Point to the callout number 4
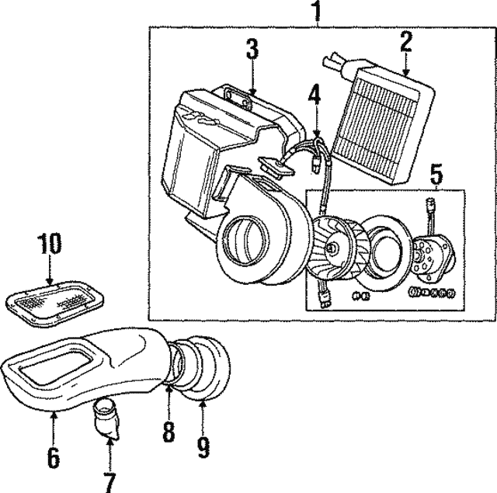click(x=313, y=95)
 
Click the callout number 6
click(x=53, y=457)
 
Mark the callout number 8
click(x=169, y=432)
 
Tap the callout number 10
click(x=48, y=245)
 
